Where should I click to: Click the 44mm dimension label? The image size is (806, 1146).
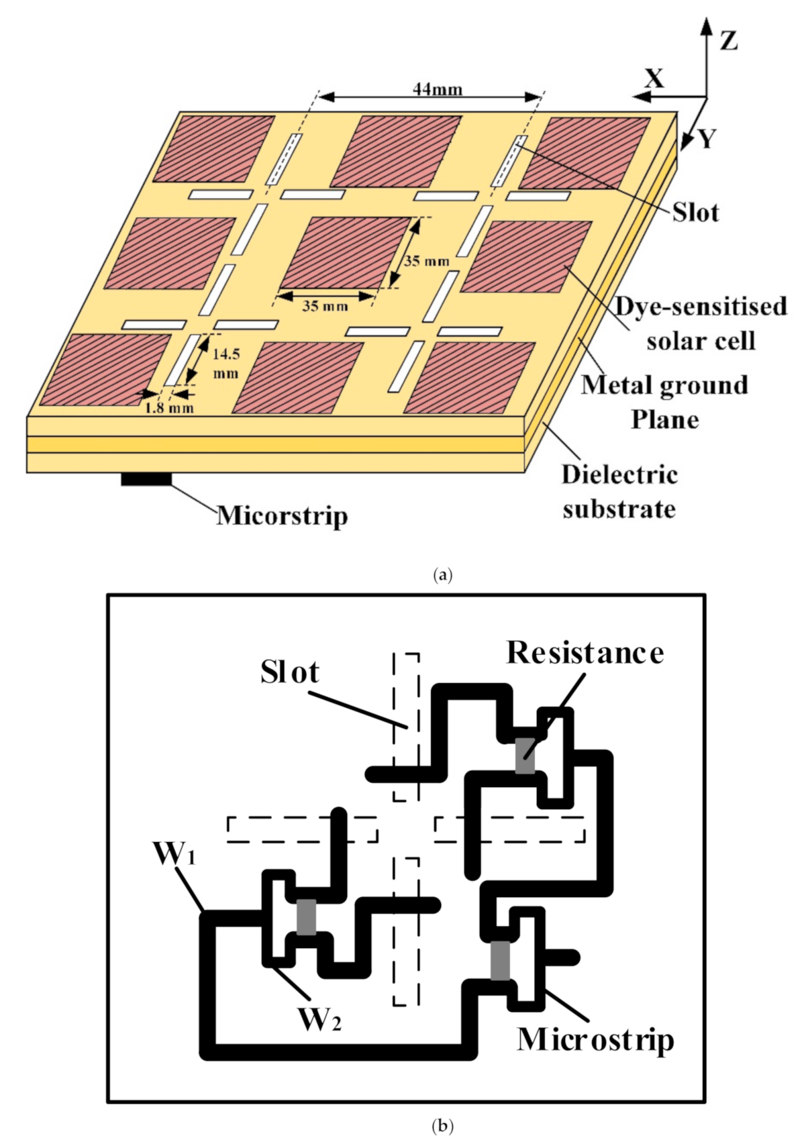[438, 89]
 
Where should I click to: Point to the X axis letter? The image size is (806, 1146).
[654, 79]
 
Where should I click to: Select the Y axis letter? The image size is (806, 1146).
[707, 139]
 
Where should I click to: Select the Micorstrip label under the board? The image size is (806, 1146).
[282, 516]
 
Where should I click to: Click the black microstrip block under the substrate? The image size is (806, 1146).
[146, 479]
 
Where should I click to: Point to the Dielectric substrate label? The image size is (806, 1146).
[619, 491]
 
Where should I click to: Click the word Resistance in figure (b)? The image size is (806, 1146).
[585, 653]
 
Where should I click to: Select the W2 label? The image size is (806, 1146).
[319, 1021]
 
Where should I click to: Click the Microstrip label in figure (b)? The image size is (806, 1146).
[595, 1039]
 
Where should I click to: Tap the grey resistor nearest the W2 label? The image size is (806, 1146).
[306, 917]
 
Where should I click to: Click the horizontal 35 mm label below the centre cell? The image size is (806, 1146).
[325, 307]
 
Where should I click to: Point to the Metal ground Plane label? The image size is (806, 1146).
[664, 402]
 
